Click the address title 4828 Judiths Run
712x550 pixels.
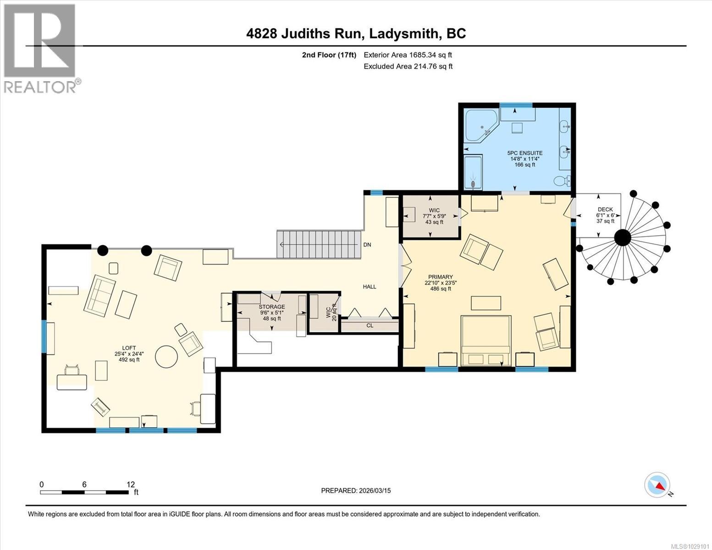[356, 33]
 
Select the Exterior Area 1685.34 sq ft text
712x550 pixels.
[408, 55]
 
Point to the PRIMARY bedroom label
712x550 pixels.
[440, 277]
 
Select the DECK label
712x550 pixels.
[605, 209]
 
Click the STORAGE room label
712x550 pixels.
[271, 307]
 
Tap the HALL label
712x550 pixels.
[370, 287]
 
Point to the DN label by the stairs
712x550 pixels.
[367, 245]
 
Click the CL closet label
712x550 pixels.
[370, 325]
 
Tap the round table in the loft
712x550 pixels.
[166, 356]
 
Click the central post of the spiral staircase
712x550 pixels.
[623, 237]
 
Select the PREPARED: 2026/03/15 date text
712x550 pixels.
[356, 490]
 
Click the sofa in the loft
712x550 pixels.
[99, 296]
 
